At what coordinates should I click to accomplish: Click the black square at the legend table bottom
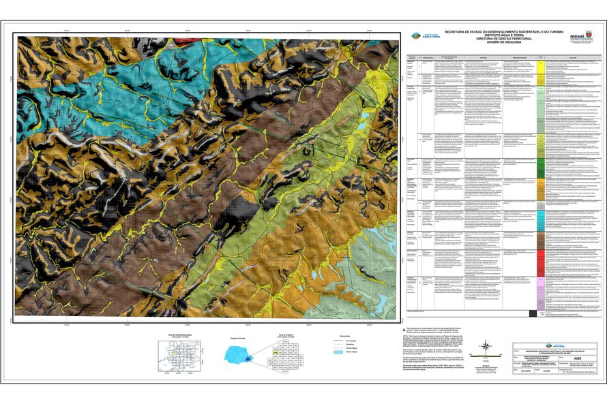[x=532, y=313]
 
